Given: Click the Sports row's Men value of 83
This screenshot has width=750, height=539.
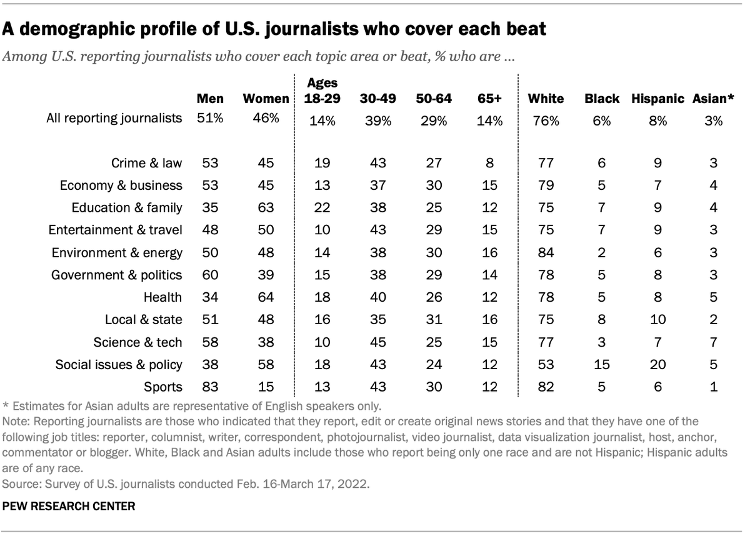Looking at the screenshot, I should (x=210, y=386).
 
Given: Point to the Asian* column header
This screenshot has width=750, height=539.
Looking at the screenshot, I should (x=712, y=99).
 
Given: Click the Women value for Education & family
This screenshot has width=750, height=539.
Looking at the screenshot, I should (x=265, y=207).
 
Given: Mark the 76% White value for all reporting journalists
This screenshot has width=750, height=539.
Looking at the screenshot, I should (x=545, y=121).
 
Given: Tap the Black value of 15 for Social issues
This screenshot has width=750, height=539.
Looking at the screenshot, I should (x=601, y=364).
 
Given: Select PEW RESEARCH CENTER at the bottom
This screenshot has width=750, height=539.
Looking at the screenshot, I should (x=68, y=507).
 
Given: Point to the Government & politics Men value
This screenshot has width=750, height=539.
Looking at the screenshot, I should (x=210, y=275).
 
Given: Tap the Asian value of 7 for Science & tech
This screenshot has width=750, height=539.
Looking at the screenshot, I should (x=712, y=342).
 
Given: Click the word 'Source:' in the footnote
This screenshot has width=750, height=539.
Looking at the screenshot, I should (x=20, y=483).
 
